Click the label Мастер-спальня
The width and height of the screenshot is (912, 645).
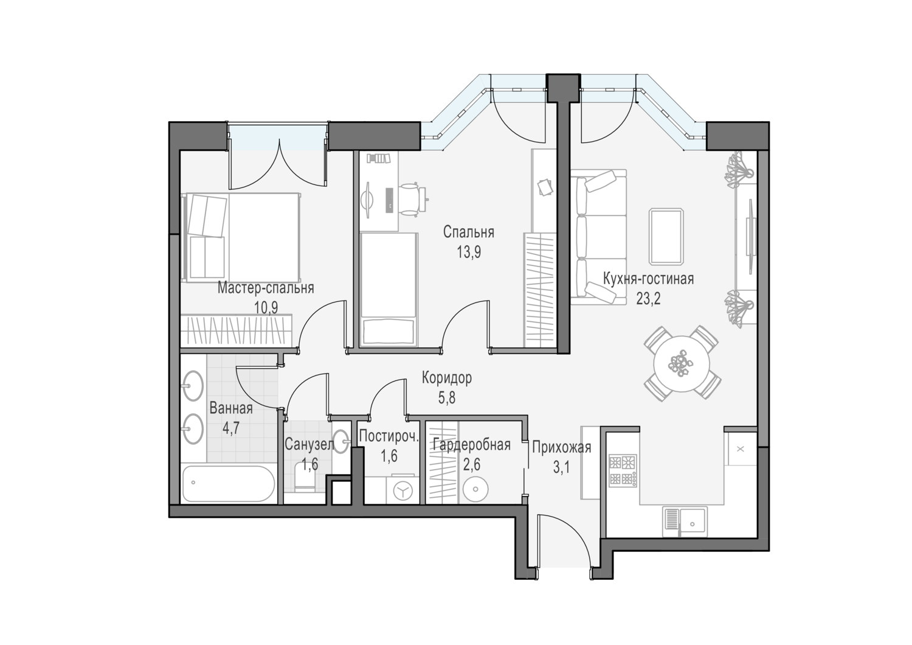[266, 288]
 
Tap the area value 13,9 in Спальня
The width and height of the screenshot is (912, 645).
[469, 252]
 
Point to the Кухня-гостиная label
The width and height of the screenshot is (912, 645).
[648, 279]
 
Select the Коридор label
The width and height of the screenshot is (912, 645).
[447, 378]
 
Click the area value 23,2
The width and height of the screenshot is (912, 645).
[648, 299]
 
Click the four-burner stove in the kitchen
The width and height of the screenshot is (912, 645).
[623, 470]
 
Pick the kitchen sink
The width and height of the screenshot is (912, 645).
[685, 521]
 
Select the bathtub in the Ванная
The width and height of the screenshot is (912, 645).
[228, 484]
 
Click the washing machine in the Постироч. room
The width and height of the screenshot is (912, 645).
[402, 490]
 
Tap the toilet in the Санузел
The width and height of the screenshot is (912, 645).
[304, 479]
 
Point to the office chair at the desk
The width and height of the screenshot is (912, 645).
[412, 199]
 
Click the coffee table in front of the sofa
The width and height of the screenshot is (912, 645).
[666, 236]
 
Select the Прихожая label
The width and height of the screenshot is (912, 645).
[561, 447]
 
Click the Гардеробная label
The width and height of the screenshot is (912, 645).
[471, 444]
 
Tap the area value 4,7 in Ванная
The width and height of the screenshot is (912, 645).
[230, 428]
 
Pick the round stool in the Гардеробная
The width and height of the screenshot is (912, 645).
[475, 489]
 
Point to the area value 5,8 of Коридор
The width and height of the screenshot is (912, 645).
[447, 398]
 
